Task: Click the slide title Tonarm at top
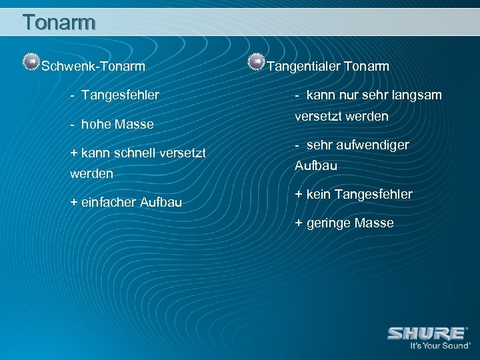click(59, 23)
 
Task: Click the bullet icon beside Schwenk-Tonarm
click(30, 63)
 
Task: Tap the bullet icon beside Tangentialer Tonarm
click(255, 63)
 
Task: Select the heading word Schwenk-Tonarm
click(93, 66)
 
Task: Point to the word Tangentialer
click(303, 66)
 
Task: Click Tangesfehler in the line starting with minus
click(120, 95)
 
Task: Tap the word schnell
click(132, 154)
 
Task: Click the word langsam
click(418, 95)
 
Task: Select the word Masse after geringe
click(375, 223)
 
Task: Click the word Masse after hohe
click(135, 125)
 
